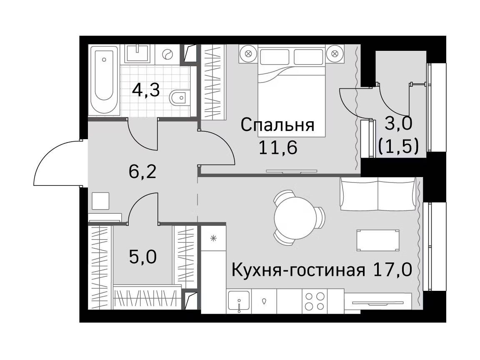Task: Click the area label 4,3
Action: (x=146, y=90)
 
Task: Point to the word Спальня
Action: (x=277, y=125)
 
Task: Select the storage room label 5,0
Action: (x=142, y=257)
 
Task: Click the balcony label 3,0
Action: (x=399, y=123)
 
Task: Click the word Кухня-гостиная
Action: (x=298, y=270)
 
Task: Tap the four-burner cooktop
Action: (x=315, y=301)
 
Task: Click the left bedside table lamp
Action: (x=248, y=54)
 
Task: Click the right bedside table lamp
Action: (x=335, y=54)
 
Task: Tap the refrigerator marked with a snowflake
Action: (x=214, y=238)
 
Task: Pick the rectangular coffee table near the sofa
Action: (x=378, y=240)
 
